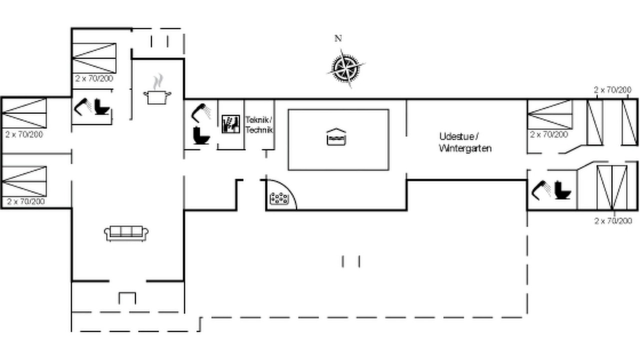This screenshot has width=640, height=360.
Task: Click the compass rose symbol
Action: coord(346,68)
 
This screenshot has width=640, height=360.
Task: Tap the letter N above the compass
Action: coord(338,38)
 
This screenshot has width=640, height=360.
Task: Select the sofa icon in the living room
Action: coord(126,233)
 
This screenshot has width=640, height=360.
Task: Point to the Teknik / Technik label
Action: coord(259,125)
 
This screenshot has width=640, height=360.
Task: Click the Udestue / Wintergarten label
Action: coord(465,142)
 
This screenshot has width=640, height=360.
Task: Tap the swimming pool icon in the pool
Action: coord(336,137)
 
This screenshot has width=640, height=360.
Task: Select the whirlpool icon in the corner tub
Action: coord(279,198)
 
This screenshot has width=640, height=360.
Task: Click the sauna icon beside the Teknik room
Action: coord(231,124)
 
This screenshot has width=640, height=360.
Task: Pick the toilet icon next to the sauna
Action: coord(201,135)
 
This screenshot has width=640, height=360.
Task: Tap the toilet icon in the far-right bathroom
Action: coord(562,190)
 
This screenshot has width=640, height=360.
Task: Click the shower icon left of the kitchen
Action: coord(83,107)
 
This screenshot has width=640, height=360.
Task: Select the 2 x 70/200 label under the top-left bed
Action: coord(94,78)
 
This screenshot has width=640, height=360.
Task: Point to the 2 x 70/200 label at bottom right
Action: coord(613,221)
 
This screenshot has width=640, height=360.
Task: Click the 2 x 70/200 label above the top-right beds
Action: coord(612,90)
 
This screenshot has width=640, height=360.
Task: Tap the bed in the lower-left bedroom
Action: coord(24,181)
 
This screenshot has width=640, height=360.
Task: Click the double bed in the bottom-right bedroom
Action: coord(612,187)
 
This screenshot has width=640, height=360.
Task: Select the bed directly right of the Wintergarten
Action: coord(550,114)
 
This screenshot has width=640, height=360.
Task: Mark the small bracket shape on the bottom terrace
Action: coord(127,298)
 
